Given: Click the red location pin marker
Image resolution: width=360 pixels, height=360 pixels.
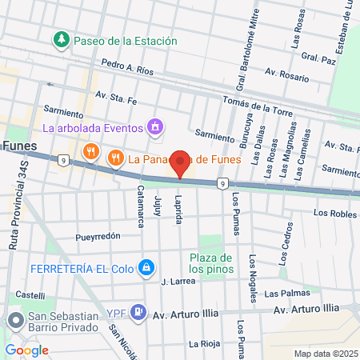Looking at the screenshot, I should tap(180, 162).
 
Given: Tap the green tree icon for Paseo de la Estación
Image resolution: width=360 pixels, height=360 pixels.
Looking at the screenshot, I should tap(61, 39).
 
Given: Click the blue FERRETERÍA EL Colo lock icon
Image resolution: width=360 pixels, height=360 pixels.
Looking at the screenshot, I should tap(146, 267).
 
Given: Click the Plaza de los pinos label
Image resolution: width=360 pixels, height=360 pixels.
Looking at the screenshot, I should tap(212, 263).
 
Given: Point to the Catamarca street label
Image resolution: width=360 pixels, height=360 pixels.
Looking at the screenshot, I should tap(140, 204).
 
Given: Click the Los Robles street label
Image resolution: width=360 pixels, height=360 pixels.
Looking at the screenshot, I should tap(334, 214).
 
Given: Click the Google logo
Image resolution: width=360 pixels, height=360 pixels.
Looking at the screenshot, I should tap(26, 350).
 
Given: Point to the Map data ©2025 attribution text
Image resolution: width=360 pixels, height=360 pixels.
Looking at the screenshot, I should tap(325, 354).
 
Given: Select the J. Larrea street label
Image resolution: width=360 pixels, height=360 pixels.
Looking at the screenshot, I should tap(178, 282).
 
